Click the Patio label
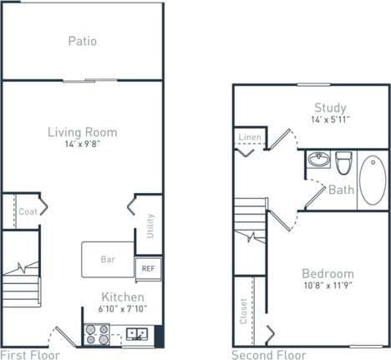click(x=82, y=40)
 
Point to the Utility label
click(x=150, y=226)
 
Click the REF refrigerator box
click(x=147, y=269)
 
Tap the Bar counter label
click(x=108, y=260)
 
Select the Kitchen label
click(x=123, y=297)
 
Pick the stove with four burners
click(x=96, y=334)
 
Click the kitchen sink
click(x=136, y=336)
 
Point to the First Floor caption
click(x=32, y=354)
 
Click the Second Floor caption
click(x=269, y=354)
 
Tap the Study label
click(x=331, y=107)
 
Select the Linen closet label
click(x=249, y=137)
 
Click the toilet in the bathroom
click(x=343, y=159)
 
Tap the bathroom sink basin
click(x=317, y=159)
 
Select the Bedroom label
click(x=327, y=274)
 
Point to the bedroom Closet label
click(x=243, y=311)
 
